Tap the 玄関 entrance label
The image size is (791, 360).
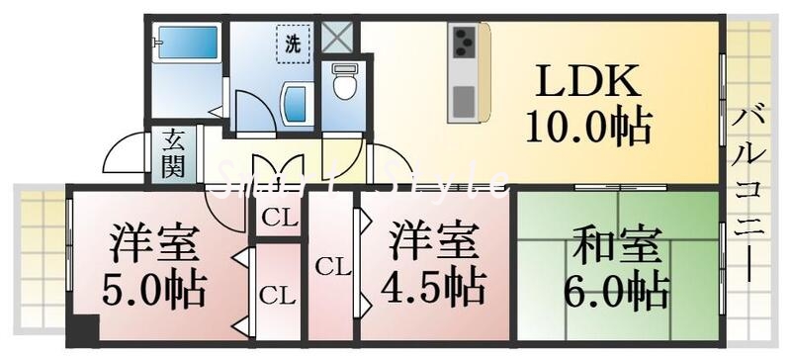tap(173, 153)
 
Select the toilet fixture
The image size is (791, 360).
tap(343, 83)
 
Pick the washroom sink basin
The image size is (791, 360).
tap(293, 104)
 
